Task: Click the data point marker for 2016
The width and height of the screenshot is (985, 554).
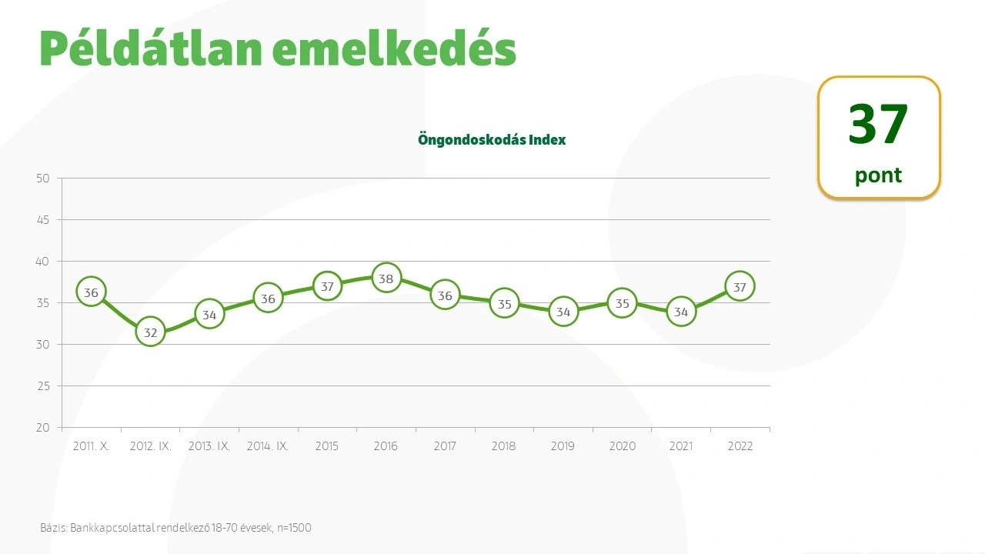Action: pos(386,279)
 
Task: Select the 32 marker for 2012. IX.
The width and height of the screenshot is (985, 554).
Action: pos(151,332)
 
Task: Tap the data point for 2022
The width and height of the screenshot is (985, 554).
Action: pos(740,287)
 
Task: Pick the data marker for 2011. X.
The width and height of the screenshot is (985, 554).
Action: pos(92,292)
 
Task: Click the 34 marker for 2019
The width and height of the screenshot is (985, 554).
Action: pos(563,312)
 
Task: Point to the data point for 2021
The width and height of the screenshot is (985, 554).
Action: pos(681,312)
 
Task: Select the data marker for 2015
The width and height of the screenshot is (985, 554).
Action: pos(327,286)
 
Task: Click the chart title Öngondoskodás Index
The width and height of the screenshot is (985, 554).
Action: pos(492,140)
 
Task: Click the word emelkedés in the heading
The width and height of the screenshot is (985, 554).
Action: pos(393,49)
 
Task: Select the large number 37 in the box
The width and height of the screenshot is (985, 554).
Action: pos(878,125)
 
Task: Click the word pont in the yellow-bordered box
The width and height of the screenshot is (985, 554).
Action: pos(878,175)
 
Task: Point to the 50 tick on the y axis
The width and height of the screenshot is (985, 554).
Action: pos(43,179)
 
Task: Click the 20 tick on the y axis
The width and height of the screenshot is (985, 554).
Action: pos(43,428)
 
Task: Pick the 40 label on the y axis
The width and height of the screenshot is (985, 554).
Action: pos(43,262)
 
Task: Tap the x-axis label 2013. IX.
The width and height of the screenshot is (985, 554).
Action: pos(209,446)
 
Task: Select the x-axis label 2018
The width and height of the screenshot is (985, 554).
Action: pos(504,446)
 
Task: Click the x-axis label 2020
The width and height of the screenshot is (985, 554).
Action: pos(622,446)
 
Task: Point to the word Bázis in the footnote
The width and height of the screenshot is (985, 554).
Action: pos(53,528)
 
